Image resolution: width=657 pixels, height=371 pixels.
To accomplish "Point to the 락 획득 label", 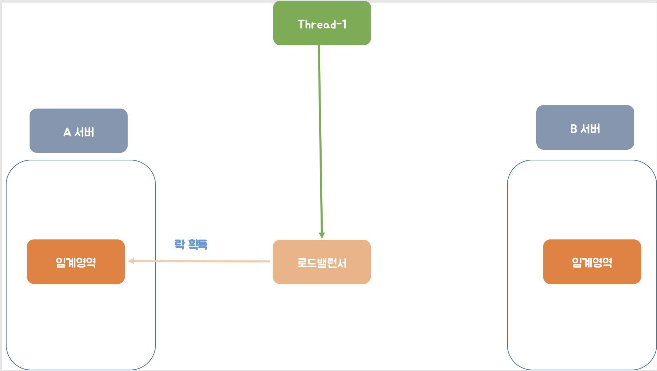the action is pos(191,244).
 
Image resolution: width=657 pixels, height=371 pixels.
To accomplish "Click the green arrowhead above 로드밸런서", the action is pos(322,235).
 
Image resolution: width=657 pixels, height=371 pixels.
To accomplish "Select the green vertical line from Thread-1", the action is pos(320,137).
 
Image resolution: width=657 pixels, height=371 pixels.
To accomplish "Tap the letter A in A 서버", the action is pos(67,132).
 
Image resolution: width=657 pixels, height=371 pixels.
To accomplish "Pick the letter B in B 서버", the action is pos(573,129).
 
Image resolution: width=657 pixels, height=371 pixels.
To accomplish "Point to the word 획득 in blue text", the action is pos(198,244).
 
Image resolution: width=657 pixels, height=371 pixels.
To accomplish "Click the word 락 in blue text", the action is pos(180,244).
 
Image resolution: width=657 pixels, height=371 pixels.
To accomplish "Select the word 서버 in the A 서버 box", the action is pos(84,132).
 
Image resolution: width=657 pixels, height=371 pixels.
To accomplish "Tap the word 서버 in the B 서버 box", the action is pos(590,129).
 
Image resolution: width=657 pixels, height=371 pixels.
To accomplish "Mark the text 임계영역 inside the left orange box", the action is pos(76,262).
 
